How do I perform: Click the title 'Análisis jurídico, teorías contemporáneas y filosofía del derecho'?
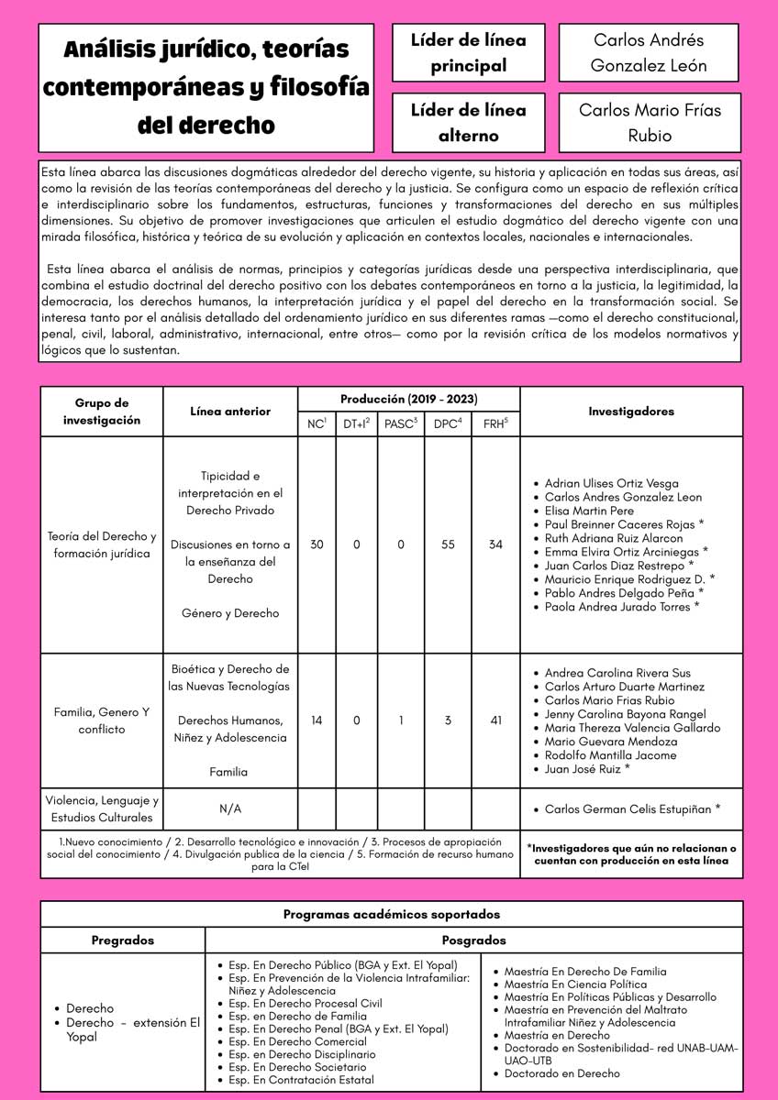coord(206,88)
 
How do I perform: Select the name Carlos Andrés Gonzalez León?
coord(650,53)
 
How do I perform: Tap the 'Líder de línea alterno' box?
coord(468,123)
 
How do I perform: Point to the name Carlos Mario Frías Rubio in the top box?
coord(650,123)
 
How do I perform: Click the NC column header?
coord(317,424)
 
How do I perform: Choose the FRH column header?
coord(495,424)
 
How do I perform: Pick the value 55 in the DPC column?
coord(448,544)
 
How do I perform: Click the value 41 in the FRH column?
coord(495,720)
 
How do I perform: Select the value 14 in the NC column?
coord(317,720)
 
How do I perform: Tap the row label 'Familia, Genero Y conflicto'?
coord(102,720)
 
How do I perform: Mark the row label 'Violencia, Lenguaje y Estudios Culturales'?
coord(102,808)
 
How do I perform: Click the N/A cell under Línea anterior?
coord(230,809)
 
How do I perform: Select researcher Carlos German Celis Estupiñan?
coord(632,809)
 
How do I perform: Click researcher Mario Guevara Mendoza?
coord(611,742)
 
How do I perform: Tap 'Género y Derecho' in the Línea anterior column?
coord(230,613)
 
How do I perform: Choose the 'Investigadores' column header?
coord(631,412)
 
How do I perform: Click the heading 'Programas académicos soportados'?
coord(391,914)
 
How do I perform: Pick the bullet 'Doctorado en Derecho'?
coord(561,1073)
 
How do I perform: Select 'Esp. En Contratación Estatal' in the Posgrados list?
coord(301,1080)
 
